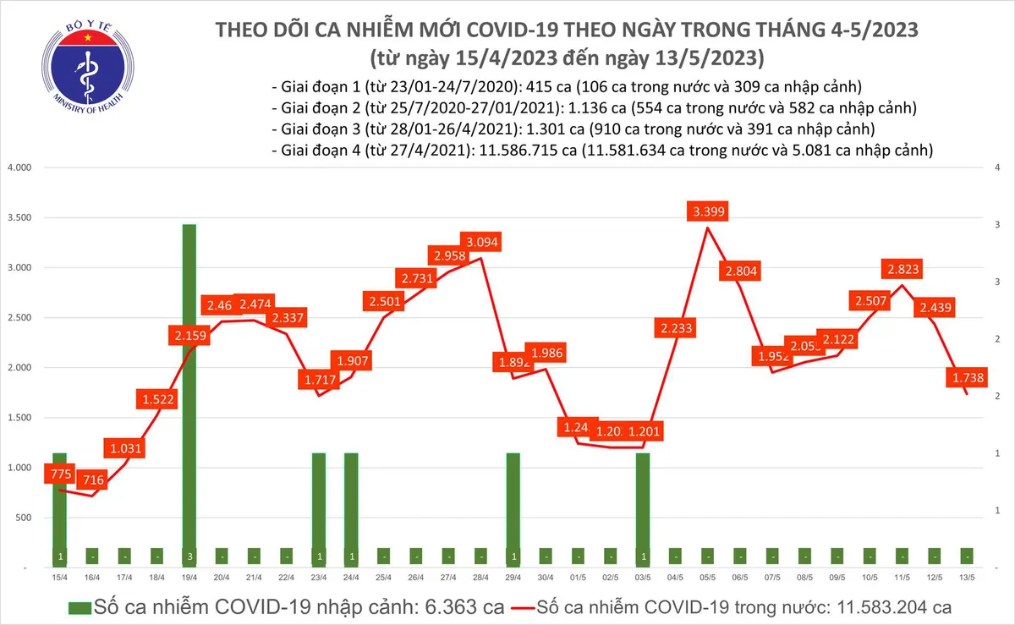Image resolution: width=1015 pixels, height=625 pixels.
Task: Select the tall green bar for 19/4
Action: click(x=189, y=389)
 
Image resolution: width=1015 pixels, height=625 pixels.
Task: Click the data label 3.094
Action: click(x=482, y=241)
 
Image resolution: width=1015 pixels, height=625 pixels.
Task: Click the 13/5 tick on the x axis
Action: click(x=966, y=578)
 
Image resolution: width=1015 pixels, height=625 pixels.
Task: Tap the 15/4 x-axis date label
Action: click(x=59, y=578)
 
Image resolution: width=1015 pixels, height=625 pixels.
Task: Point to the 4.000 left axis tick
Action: click(x=19, y=167)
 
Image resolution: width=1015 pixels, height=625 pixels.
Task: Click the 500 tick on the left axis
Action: click(x=24, y=518)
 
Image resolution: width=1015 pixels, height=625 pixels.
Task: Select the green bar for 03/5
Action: click(x=643, y=507)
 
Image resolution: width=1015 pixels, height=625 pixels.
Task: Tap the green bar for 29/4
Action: click(x=513, y=507)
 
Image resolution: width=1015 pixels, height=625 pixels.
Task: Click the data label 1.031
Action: click(x=124, y=447)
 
